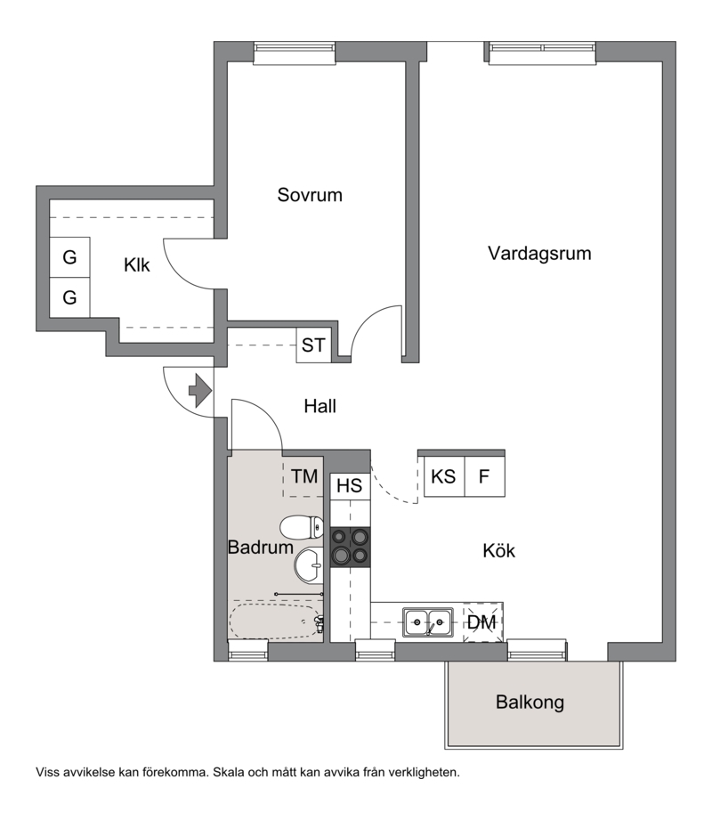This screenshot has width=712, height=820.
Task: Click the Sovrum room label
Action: pos(310,195)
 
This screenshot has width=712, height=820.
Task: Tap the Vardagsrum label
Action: pos(539,254)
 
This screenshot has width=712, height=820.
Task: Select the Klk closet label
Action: pos(136,265)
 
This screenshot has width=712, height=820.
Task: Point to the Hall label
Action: pos(320,406)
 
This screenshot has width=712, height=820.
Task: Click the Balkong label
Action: pos(530,702)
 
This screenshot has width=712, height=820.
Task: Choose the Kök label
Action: pos(498,551)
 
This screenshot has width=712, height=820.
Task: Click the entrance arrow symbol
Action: pos(200,391)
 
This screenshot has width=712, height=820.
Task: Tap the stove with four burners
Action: pos(351,547)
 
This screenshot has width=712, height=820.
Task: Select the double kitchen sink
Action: pos(427,621)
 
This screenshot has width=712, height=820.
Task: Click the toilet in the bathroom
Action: pos(302,527)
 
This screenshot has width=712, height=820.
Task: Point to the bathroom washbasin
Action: pos(309,564)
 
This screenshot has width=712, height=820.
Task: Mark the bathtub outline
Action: pos(276,621)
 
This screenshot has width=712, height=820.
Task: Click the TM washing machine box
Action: pos(303,477)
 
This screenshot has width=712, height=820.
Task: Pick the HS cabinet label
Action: pos(349,486)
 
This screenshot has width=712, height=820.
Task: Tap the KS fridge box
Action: pos(444,476)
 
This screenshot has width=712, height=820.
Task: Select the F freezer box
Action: pos(484,476)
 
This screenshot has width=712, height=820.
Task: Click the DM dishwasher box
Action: pos(482,622)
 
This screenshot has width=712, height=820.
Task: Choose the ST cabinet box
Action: pos(313,345)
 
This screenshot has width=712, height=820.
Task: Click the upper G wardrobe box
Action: pos(69,257)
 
